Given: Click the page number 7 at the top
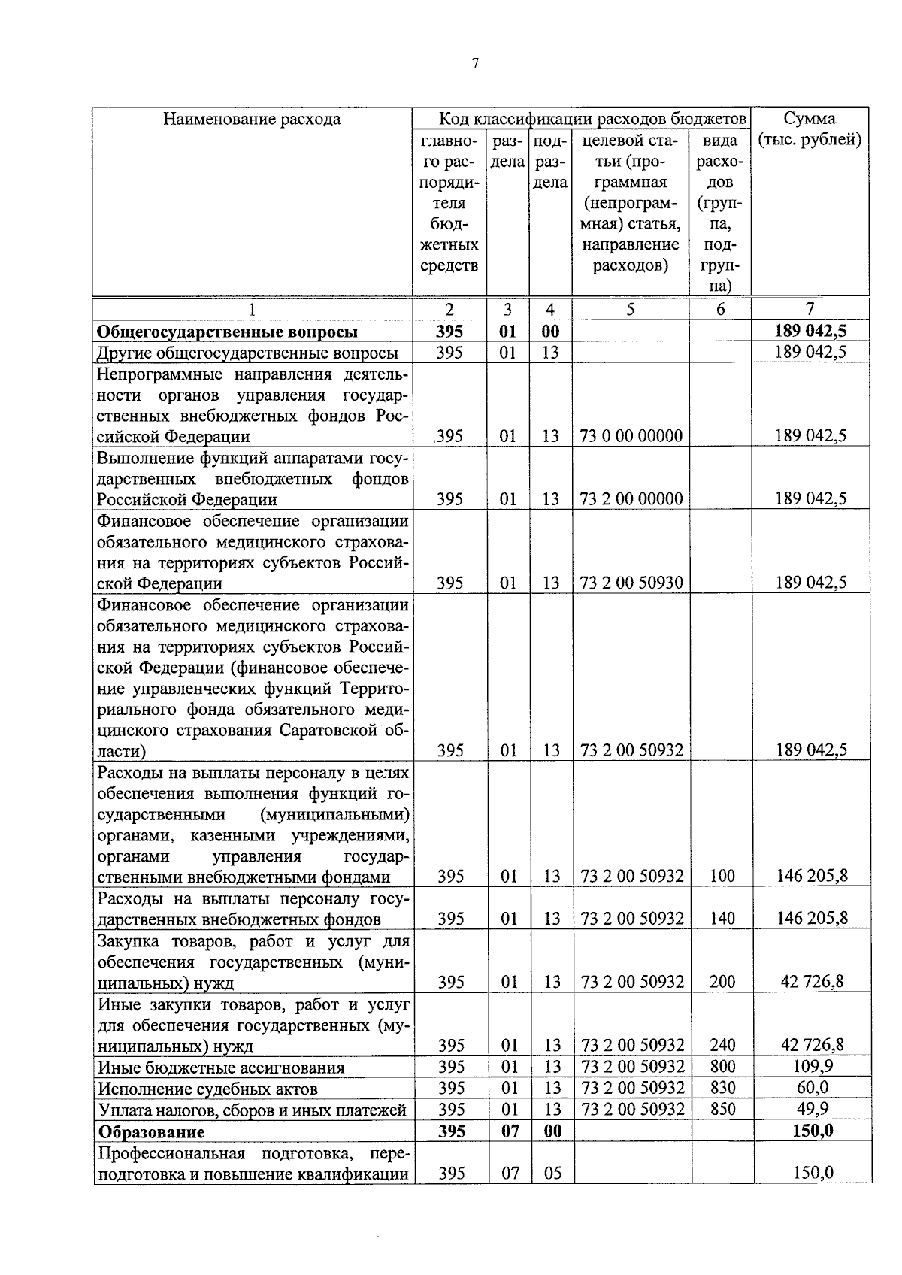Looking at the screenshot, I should pos(474,64).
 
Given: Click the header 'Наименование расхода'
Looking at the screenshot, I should pos(252,119).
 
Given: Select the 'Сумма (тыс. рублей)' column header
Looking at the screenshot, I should pos(810,129).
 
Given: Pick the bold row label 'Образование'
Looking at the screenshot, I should pos(151,1131).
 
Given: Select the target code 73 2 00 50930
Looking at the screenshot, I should pos(631,583).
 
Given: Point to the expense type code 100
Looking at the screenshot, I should pos(722,876).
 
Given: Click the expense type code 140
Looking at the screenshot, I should pos(722,918).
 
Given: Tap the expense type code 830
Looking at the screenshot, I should pos(722,1088).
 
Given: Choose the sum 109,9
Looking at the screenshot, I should pos(812,1066).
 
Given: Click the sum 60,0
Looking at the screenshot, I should pos(812,1088).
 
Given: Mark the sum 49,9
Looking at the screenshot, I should pos(812,1109).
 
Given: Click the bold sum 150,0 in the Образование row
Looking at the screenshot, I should pos(812,1131).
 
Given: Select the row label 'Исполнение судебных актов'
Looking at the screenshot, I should pos(207,1089).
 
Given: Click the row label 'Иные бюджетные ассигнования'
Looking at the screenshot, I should pos(221,1068).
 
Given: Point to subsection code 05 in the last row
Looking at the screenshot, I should pos(552,1173).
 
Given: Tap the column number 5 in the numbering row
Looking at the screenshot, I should pos(631,309).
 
